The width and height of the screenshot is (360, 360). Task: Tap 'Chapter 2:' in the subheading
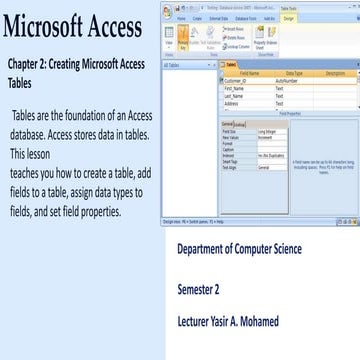30,63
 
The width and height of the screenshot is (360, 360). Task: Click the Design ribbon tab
261,17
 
